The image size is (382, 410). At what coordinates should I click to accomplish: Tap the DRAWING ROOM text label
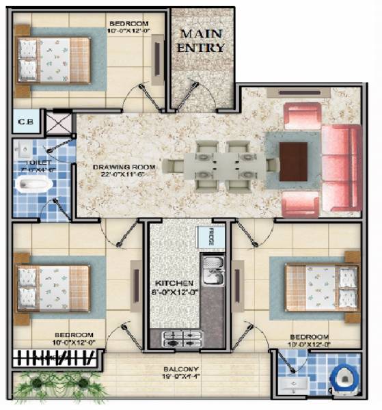point(124,171)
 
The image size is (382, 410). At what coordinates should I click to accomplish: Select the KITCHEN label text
point(174,288)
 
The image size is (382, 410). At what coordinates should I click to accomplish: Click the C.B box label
point(25,123)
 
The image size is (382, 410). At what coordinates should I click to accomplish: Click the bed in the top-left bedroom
point(53,59)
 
